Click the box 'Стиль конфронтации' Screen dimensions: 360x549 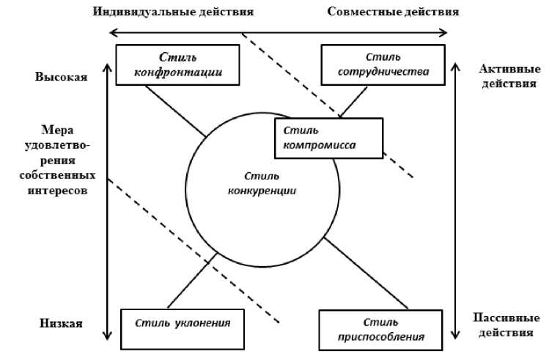coord(178,65)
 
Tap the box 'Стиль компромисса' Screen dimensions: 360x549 coord(328,138)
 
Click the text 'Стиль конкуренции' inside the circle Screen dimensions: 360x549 coord(262,183)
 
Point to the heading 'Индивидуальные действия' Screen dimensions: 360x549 coord(174,12)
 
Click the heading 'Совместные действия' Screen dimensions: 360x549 coord(394,12)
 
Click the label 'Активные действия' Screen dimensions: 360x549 coord(506,76)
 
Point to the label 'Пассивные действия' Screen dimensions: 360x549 coord(506,325)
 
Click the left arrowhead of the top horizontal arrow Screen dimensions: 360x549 coord(113,32)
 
